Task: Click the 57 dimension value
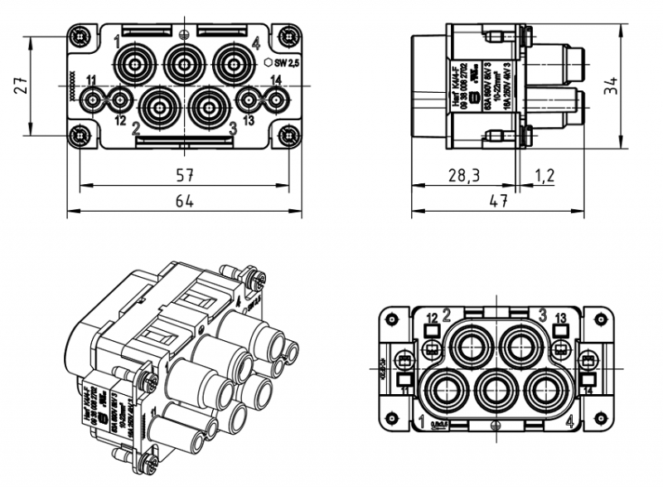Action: (184, 175)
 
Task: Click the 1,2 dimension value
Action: (545, 175)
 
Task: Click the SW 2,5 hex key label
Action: (283, 62)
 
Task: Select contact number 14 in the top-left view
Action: (276, 80)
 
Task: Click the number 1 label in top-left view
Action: (118, 41)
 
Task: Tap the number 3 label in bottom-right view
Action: (543, 314)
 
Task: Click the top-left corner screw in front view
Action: (80, 38)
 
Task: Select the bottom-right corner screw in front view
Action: (288, 135)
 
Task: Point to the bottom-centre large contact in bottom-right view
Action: (496, 391)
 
